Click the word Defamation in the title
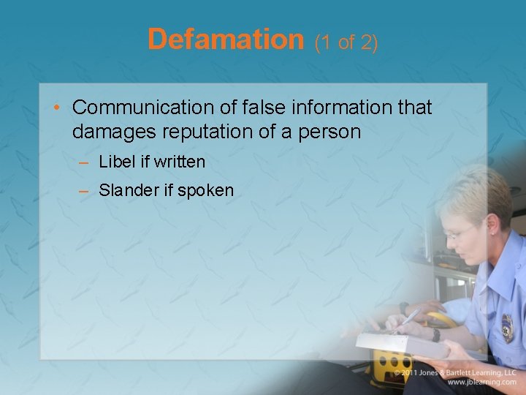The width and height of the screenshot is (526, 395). coord(225,39)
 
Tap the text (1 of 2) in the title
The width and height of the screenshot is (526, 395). coord(346,42)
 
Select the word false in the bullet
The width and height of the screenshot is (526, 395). coord(262,108)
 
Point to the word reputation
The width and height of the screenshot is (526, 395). coord(198,132)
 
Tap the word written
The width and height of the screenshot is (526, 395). coord(180,161)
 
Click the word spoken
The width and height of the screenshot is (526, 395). coord(206,190)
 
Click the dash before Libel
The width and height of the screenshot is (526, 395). coord(84,162)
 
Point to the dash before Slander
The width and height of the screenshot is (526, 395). coord(84,191)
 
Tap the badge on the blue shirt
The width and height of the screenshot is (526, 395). coord(507,328)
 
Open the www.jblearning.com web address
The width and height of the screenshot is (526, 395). coord(482,382)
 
